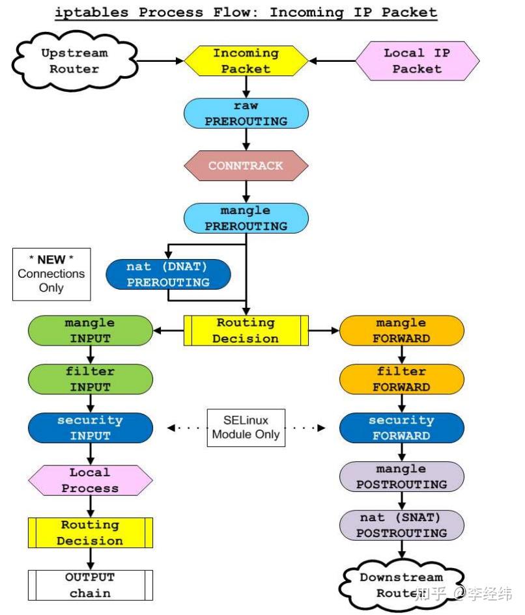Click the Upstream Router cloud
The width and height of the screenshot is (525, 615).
tap(74, 61)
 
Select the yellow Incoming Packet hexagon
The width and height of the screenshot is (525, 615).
tap(246, 61)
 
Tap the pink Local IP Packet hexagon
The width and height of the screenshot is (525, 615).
tap(417, 61)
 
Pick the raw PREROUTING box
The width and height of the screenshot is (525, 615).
tap(246, 113)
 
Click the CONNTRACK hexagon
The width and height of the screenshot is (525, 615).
tap(246, 165)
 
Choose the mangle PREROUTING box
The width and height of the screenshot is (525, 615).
tap(246, 218)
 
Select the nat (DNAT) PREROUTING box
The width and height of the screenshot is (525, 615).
tap(169, 274)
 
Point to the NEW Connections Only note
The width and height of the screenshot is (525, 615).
tap(51, 273)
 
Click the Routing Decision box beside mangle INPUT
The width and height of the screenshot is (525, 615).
tap(246, 331)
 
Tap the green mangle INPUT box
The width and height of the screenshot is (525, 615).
tap(91, 331)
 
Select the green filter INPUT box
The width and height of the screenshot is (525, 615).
tap(91, 379)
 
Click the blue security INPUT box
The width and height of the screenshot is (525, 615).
tap(91, 428)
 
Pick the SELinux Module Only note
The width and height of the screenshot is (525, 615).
tap(246, 428)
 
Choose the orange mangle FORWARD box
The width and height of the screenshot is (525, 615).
tap(401, 331)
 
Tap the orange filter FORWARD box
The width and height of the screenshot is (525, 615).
tap(401, 379)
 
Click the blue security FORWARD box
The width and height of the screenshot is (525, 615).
tap(401, 428)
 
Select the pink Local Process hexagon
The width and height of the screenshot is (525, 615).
tap(91, 480)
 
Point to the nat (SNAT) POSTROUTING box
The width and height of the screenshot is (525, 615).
tap(401, 525)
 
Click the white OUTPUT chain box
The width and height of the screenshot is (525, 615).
tap(91, 585)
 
